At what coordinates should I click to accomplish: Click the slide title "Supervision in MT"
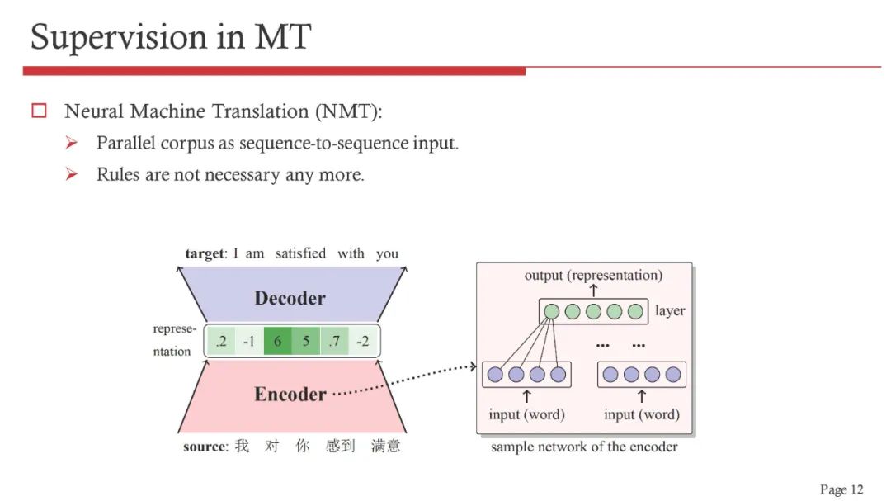point(171,37)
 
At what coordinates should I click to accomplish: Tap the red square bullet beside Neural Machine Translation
point(39,111)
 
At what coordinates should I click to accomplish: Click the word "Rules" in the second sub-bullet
point(115,174)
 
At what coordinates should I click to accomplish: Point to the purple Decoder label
point(290,298)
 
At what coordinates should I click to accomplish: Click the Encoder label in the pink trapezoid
point(290,394)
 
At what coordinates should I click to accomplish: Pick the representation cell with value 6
point(277,341)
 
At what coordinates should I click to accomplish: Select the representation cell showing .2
point(220,341)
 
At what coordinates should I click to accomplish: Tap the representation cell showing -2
point(362,341)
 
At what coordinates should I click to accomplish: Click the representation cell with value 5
point(305,341)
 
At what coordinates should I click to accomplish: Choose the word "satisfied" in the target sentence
point(300,253)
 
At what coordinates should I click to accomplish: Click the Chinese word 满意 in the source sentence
point(385,447)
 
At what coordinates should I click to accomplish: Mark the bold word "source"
point(204,447)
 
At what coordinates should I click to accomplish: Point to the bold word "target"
point(205,253)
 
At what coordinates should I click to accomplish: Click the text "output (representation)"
point(593,275)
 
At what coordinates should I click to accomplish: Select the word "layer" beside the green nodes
point(670,311)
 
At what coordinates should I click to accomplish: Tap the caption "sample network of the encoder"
point(584,447)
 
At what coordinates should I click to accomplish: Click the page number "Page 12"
point(841,489)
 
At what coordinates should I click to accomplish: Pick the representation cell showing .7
point(333,341)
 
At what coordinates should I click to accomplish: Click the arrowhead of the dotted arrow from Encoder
point(474,366)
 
